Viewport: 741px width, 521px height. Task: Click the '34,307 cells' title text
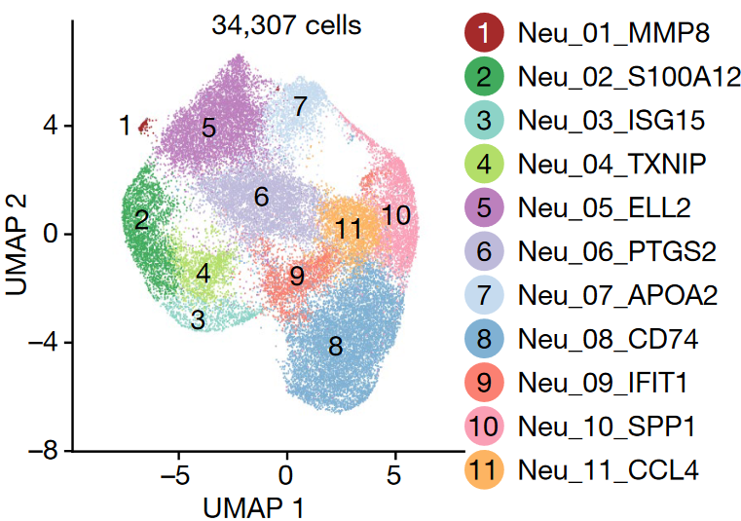coord(286,25)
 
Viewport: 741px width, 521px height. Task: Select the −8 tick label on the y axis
coord(45,451)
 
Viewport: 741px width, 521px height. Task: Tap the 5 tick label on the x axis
coord(394,477)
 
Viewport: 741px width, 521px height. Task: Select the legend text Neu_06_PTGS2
coord(617,252)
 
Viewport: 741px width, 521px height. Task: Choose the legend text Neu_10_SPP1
coord(608,426)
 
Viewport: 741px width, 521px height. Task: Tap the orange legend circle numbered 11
coord(484,469)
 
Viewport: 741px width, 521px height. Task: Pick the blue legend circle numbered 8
coord(484,339)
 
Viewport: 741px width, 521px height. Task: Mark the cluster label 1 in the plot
coord(124,126)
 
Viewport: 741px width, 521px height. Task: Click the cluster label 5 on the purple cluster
coord(208,128)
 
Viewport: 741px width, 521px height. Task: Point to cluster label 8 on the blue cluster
coord(335,346)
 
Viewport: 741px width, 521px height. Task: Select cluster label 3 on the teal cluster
coord(198,319)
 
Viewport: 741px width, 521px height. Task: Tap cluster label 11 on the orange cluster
coord(349,230)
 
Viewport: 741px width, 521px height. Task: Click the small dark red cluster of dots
coord(146,125)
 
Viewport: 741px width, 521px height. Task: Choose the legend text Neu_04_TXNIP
coord(611,166)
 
